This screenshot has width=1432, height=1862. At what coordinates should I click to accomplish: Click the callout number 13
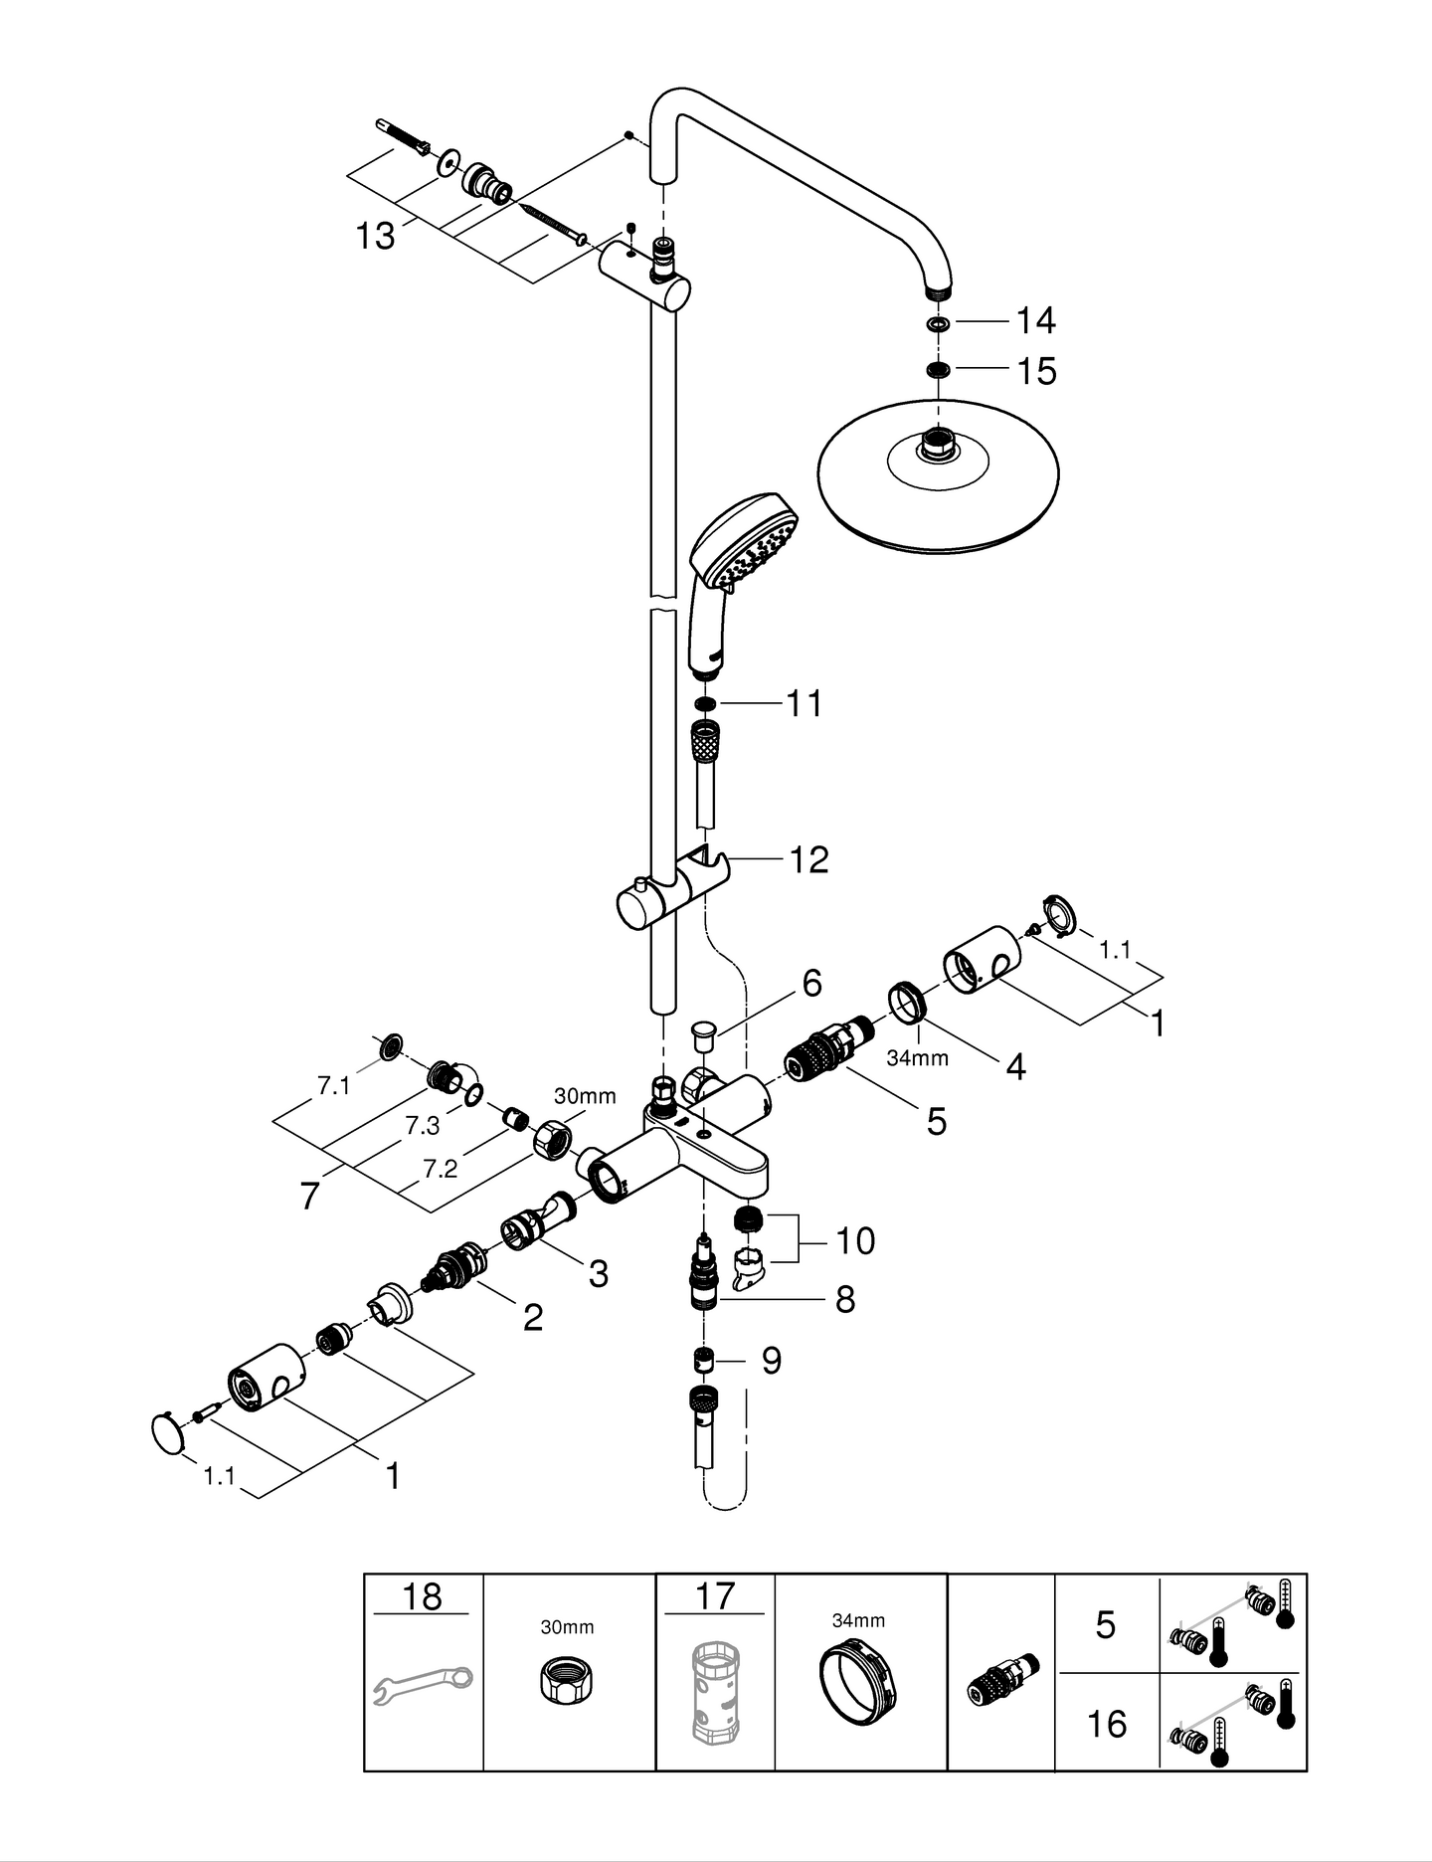(x=376, y=236)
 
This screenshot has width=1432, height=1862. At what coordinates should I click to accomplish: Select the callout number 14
(x=1035, y=320)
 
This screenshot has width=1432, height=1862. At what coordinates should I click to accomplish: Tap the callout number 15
(x=1036, y=371)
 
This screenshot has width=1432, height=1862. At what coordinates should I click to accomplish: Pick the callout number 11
(x=805, y=703)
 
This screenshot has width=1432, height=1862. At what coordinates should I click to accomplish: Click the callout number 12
(x=808, y=859)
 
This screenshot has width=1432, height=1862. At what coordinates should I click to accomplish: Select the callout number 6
(x=812, y=983)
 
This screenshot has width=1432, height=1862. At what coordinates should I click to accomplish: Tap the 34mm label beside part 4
(x=917, y=1058)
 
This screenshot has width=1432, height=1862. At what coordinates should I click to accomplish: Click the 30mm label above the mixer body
(x=585, y=1096)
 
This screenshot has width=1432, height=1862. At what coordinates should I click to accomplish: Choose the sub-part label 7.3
(x=422, y=1126)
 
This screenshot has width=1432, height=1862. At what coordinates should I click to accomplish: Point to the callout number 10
(x=855, y=1240)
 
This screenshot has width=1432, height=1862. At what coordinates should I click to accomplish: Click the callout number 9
(x=772, y=1360)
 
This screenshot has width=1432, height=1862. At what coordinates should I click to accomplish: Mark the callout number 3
(x=598, y=1273)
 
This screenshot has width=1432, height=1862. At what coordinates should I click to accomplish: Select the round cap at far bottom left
(x=169, y=1434)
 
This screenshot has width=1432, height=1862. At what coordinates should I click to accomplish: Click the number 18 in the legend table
(x=422, y=1595)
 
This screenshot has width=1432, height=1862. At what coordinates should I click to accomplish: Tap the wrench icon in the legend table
(x=423, y=1686)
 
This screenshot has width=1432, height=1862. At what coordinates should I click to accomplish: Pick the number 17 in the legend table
(x=714, y=1595)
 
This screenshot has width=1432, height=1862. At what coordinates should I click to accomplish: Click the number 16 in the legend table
(x=1106, y=1724)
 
